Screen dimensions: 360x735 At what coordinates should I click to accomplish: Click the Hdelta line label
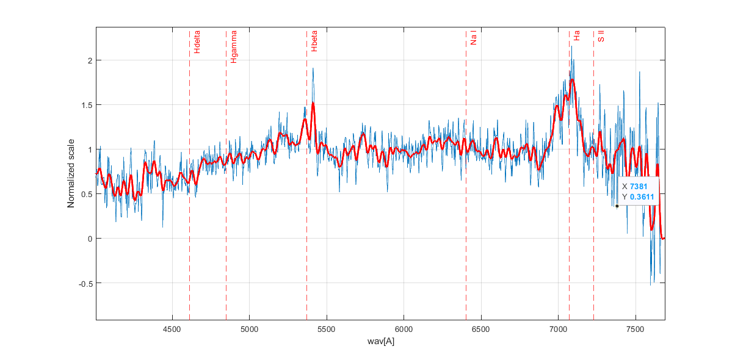click(x=197, y=43)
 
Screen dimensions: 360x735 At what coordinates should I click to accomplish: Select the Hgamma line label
click(x=234, y=47)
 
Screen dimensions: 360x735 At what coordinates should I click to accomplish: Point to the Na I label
click(x=473, y=39)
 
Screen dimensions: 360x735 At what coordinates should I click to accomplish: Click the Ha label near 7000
click(x=577, y=36)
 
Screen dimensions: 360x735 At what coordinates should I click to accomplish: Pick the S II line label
click(x=601, y=36)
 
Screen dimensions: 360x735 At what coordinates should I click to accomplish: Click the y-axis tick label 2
click(x=89, y=60)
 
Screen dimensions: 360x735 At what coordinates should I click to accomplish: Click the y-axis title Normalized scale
click(x=71, y=173)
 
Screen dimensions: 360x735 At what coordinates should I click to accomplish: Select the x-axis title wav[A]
click(x=380, y=341)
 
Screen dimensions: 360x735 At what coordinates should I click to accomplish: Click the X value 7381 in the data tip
click(x=639, y=186)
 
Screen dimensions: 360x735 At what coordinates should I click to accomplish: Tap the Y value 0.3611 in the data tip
click(x=642, y=196)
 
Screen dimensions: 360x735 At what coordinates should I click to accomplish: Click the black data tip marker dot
click(x=617, y=206)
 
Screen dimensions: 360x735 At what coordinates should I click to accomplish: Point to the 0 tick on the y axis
click(x=89, y=239)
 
